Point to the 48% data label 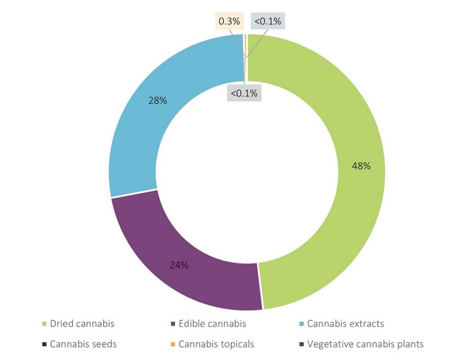click(361, 166)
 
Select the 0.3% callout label click(229, 21)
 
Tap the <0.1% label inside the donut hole click(244, 93)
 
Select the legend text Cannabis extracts click(345, 323)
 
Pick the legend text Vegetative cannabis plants click(365, 344)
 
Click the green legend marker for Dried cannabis click(44, 324)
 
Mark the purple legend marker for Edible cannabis click(172, 324)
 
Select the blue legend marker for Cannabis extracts click(300, 324)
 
